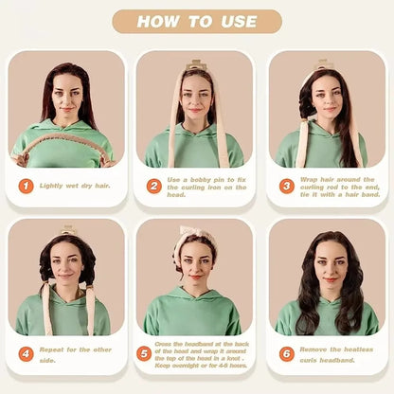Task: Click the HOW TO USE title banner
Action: pos(197,22)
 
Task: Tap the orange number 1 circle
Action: pos(26,186)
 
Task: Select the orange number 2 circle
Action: pos(153,186)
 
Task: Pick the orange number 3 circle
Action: pos(286,186)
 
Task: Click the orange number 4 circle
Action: pos(26,353)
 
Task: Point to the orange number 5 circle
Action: pos(144,353)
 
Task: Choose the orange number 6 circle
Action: pos(286,353)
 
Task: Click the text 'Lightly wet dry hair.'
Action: pos(75,186)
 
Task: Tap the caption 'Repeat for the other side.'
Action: pos(76,353)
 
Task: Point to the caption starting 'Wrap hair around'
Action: pos(337,186)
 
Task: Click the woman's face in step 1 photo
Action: pos(65,95)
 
